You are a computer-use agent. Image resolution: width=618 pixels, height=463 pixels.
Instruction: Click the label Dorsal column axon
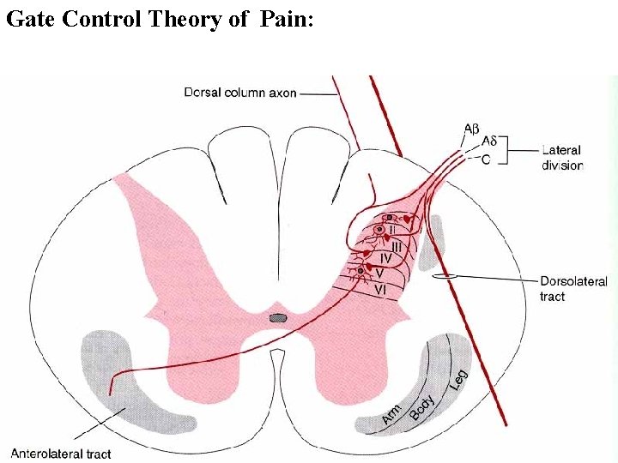pyautogui.click(x=241, y=93)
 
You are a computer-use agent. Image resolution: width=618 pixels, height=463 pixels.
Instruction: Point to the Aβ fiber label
pyautogui.click(x=471, y=129)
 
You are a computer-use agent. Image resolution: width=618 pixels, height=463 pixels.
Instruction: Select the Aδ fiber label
pyautogui.click(x=488, y=141)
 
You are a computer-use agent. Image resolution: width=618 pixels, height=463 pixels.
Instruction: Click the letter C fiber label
pyautogui.click(x=486, y=159)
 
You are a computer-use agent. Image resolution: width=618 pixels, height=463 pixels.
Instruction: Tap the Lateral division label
pyautogui.click(x=561, y=158)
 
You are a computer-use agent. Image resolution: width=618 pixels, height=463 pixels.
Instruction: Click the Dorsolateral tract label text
pyautogui.click(x=573, y=288)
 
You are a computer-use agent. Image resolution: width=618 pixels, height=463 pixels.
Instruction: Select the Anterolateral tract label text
pyautogui.click(x=60, y=454)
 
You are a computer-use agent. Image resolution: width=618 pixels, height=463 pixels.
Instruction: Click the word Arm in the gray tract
pyautogui.click(x=391, y=416)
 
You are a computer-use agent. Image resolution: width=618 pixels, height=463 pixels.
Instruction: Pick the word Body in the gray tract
pyautogui.click(x=422, y=404)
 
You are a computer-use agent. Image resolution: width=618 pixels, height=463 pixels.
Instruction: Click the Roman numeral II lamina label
pyautogui.click(x=392, y=229)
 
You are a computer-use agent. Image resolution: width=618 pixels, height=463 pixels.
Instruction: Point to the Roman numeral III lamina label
pyautogui.click(x=397, y=246)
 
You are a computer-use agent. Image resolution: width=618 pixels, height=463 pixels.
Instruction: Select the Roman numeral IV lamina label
pyautogui.click(x=386, y=257)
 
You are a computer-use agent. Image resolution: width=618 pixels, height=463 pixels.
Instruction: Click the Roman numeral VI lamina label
pyautogui.click(x=379, y=290)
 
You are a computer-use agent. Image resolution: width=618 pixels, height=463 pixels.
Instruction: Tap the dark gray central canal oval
pyautogui.click(x=277, y=318)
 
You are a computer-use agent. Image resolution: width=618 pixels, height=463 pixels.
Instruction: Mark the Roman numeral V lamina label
pyautogui.click(x=379, y=273)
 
